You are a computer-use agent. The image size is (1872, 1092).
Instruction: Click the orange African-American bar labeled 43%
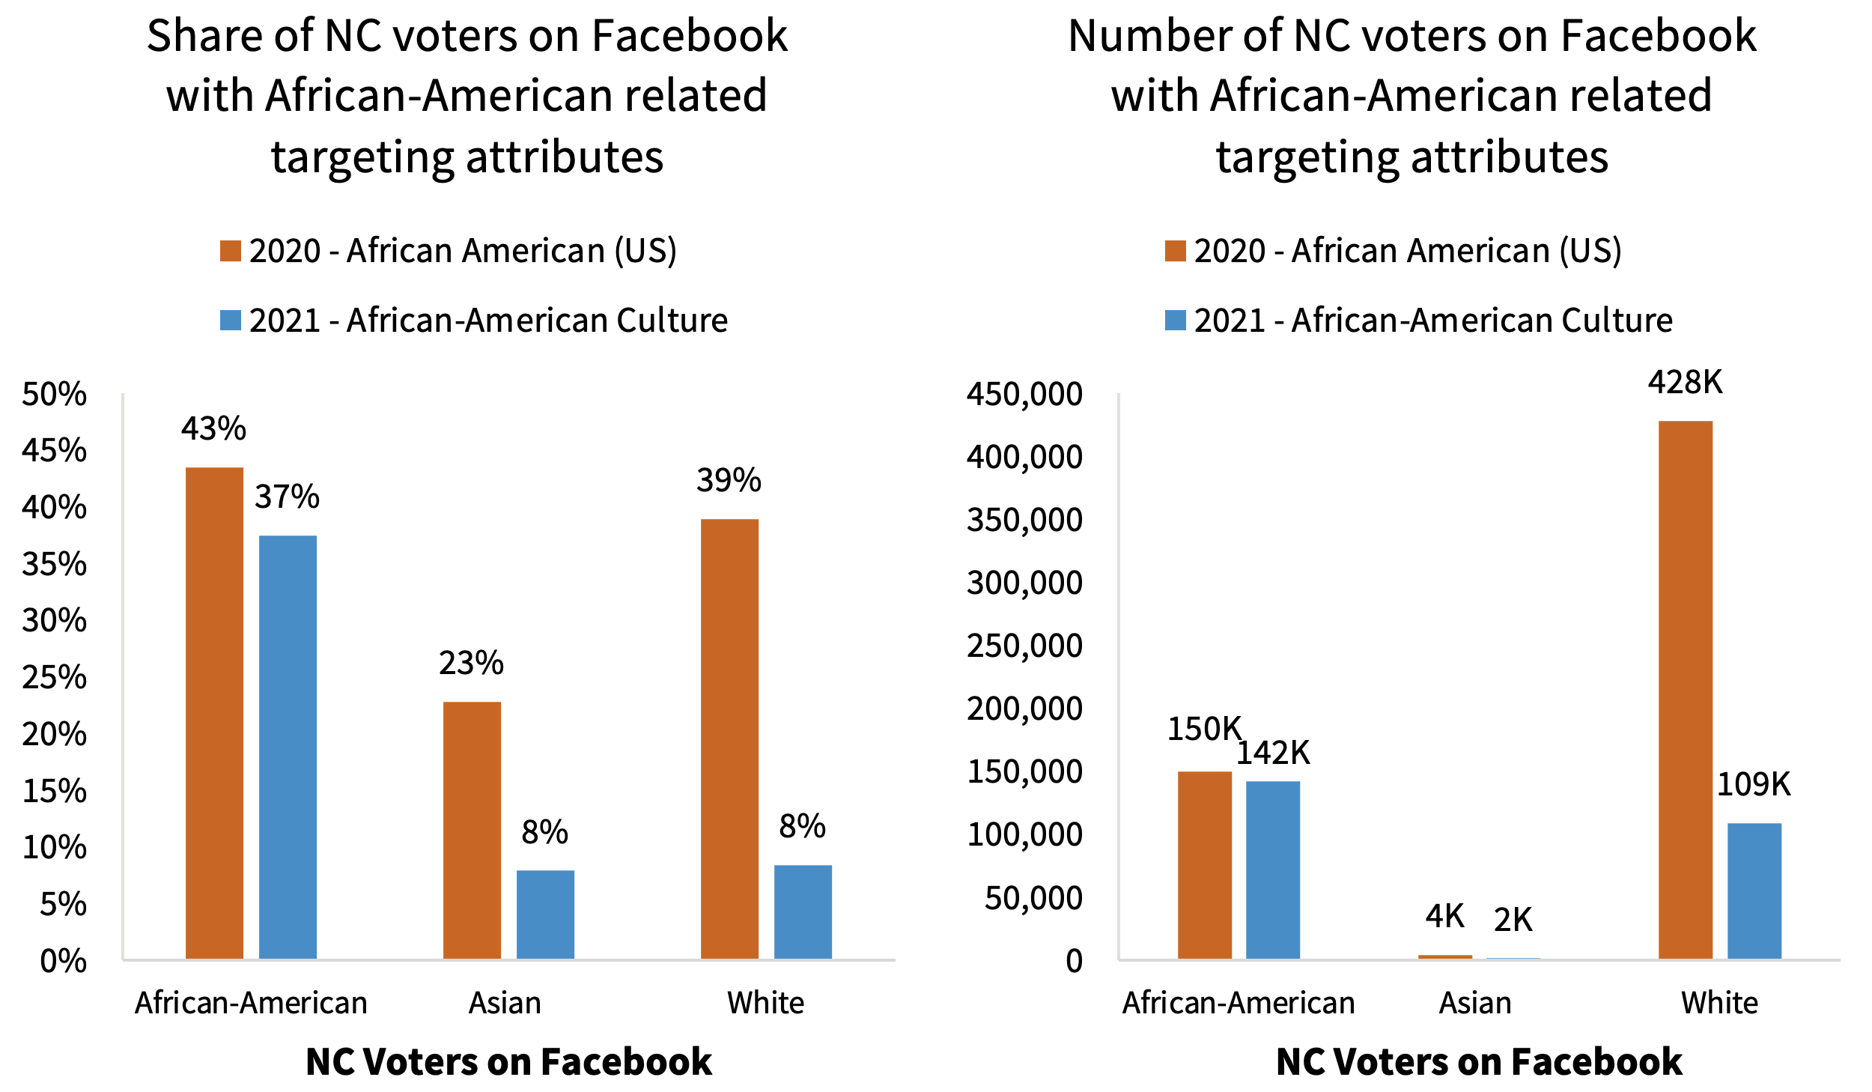[214, 712]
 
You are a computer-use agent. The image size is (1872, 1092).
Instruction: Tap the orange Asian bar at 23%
[472, 830]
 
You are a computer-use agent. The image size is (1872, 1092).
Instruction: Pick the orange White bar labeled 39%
[729, 738]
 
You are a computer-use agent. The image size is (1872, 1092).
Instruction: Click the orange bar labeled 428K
[1685, 689]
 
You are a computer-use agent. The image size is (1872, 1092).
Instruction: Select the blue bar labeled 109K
[1754, 891]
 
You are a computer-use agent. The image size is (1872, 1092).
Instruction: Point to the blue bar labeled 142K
[1272, 870]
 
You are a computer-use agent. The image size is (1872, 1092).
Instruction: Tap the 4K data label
[1444, 916]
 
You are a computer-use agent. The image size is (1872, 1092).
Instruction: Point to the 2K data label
[1513, 920]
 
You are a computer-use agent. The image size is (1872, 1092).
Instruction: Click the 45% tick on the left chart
[54, 450]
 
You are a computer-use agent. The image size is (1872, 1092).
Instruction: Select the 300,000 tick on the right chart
[1024, 583]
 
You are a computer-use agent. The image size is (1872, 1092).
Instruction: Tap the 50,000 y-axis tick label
[1033, 897]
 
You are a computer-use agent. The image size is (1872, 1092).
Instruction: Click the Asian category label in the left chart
[505, 1002]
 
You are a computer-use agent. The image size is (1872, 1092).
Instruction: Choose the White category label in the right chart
[1719, 1002]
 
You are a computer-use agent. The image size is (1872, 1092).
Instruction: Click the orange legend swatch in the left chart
[230, 251]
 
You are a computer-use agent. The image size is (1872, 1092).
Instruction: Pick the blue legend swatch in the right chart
[1175, 320]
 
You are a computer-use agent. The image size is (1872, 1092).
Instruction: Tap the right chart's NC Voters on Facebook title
[1479, 1061]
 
